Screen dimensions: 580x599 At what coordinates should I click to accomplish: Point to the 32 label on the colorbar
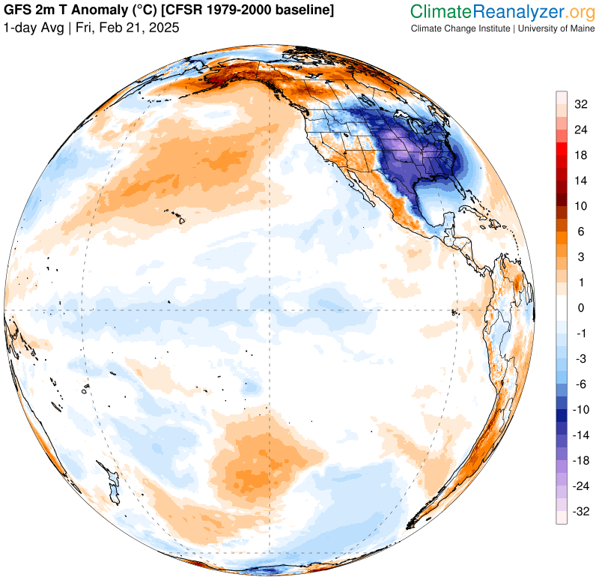click(580, 105)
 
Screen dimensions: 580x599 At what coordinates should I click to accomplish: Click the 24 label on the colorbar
click(580, 130)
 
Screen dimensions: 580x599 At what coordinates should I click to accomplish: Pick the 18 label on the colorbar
click(580, 155)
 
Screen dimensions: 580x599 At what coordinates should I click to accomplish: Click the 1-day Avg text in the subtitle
click(32, 27)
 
